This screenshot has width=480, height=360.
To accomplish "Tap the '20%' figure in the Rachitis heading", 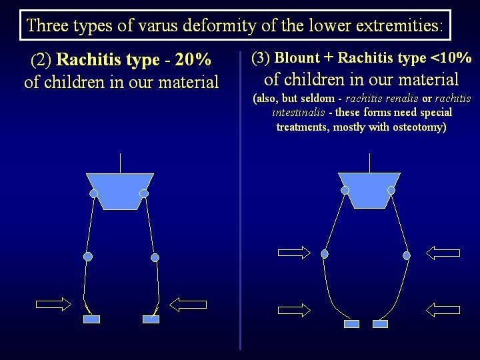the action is [193, 59].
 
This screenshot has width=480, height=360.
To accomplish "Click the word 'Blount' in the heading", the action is [297, 57].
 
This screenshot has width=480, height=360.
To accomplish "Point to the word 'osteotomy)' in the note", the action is [419, 127].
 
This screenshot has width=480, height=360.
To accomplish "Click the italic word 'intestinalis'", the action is [299, 113].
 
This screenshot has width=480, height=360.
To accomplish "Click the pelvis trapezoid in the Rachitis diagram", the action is [120, 191].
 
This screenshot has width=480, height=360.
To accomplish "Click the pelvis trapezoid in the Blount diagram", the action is [369, 191].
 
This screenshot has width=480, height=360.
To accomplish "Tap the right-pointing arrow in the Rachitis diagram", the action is [53, 304].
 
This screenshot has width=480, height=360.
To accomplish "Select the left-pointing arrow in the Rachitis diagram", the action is [188, 305].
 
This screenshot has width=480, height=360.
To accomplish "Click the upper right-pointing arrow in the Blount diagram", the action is [294, 253].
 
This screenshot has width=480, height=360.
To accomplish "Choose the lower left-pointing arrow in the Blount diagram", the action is [443, 310].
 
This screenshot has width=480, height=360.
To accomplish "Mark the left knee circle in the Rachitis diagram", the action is [88, 257].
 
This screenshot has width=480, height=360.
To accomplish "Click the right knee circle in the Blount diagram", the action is [407, 255].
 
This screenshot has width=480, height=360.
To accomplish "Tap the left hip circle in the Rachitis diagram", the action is [94, 193].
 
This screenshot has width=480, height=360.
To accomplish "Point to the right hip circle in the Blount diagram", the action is [391, 191].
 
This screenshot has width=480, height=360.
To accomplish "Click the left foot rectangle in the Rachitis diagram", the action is [91, 319].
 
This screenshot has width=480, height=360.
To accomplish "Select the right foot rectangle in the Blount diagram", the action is [381, 324].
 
